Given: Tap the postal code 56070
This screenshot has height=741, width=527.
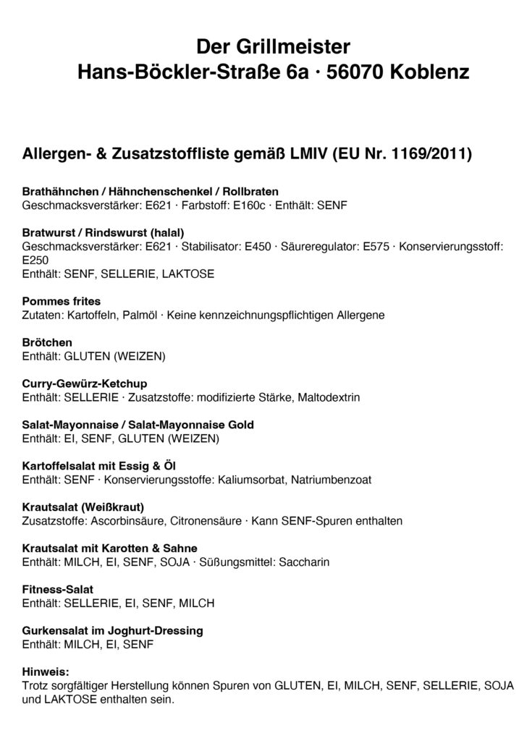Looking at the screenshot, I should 357,72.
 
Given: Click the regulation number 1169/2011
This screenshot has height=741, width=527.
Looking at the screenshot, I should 431,155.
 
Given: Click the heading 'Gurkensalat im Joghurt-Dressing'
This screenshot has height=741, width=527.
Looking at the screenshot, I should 113,630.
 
